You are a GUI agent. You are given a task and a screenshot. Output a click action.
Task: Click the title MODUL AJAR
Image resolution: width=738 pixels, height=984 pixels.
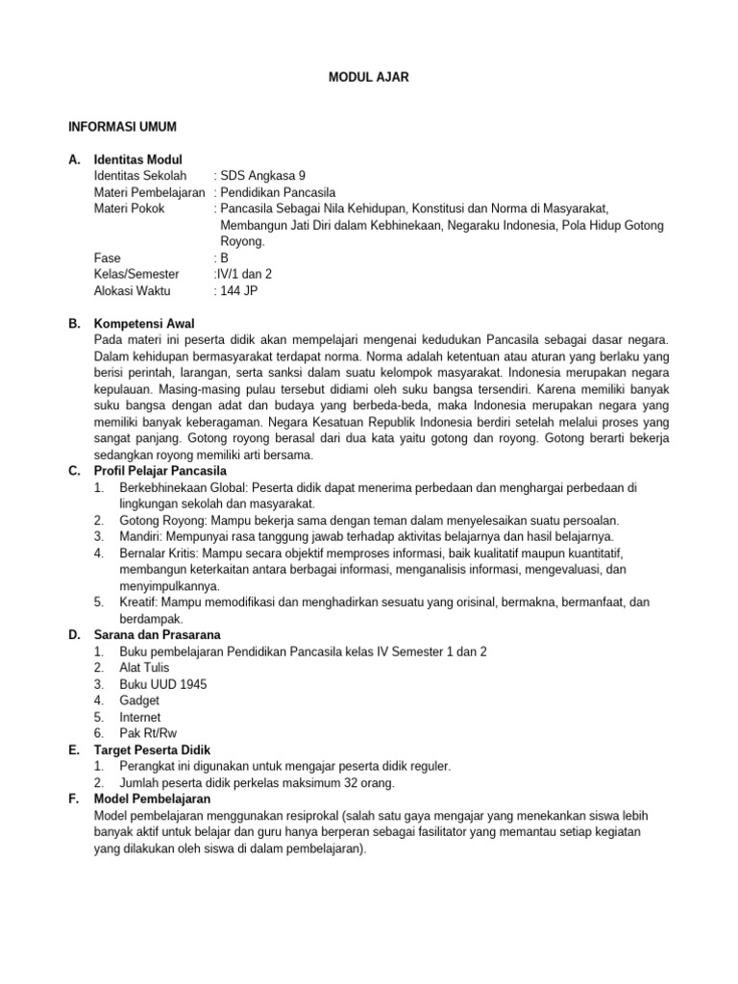pyautogui.click(x=369, y=78)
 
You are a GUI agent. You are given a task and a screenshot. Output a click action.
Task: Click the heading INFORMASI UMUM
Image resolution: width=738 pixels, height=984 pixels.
pyautogui.click(x=122, y=127)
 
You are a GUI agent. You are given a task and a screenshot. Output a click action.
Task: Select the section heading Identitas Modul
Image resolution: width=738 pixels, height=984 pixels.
pyautogui.click(x=138, y=160)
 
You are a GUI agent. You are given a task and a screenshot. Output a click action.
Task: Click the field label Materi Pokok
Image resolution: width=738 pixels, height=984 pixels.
pyautogui.click(x=130, y=209)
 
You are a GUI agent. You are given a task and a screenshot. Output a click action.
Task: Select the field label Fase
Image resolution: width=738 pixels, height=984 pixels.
pyautogui.click(x=107, y=258)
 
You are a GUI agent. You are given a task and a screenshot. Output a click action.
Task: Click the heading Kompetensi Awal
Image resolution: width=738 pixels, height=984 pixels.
pyautogui.click(x=143, y=324)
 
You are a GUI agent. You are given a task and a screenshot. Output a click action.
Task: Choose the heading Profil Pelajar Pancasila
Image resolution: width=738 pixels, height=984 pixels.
pyautogui.click(x=160, y=471)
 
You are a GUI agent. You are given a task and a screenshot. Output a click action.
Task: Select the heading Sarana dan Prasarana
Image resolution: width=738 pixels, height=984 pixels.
pyautogui.click(x=157, y=635)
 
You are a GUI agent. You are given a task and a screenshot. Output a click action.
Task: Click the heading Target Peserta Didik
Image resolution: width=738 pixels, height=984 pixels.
pyautogui.click(x=152, y=750)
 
